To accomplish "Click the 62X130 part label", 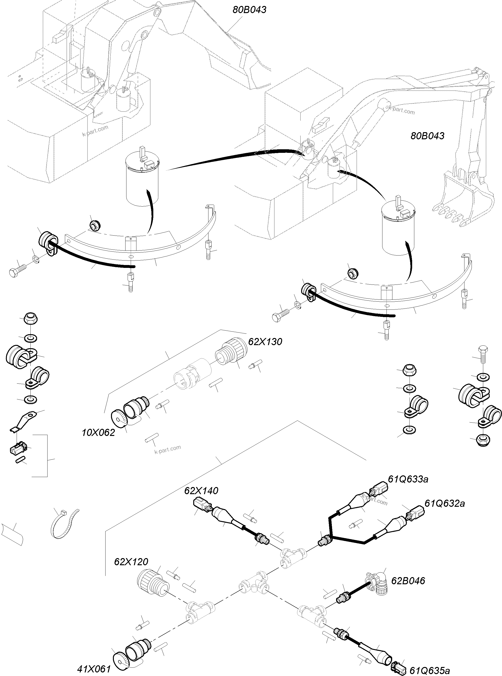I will [x=265, y=342].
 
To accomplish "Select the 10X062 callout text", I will [x=98, y=433].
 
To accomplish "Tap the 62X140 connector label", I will [x=201, y=491].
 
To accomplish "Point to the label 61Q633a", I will [x=408, y=479].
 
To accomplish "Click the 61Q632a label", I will [x=444, y=503].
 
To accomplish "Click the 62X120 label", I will [x=131, y=561].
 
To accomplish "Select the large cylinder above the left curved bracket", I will [x=142, y=182].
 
